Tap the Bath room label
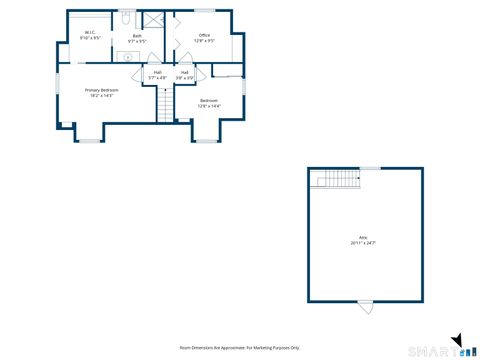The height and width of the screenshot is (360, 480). point(136,35)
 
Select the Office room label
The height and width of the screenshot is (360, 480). point(204,35)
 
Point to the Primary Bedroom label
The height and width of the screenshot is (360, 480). point(100,90)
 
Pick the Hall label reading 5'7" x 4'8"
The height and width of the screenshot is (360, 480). point(157,72)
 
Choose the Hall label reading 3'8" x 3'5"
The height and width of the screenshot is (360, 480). point(185,72)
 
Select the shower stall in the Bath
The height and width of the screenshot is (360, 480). point(154,21)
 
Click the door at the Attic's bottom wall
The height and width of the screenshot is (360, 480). point(366,304)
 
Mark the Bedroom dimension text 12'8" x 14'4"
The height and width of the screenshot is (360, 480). point(209,105)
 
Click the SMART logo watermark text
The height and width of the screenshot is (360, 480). point(439,350)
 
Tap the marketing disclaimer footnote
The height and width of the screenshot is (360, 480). point(239,347)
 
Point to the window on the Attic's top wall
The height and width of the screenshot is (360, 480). point(370,168)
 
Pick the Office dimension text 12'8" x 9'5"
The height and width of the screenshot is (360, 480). point(204,41)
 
